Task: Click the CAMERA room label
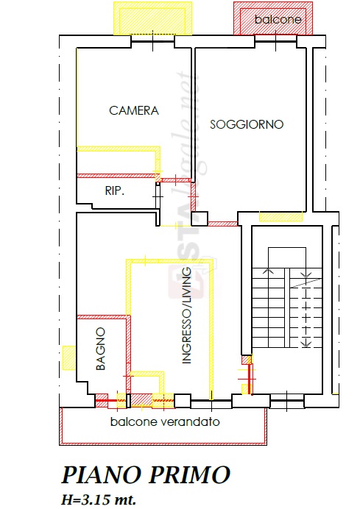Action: (134, 110)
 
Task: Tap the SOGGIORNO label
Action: (247, 124)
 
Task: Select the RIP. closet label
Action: (115, 191)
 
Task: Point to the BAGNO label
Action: (101, 349)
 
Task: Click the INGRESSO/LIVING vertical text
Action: (186, 316)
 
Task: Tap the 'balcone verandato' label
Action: (165, 421)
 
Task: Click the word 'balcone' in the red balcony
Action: (278, 19)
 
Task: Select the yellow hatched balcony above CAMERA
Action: (152, 18)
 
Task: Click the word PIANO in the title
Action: (102, 474)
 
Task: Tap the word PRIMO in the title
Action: (190, 474)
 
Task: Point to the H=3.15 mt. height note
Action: (99, 499)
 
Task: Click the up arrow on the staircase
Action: (268, 271)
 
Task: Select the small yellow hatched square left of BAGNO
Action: (69, 357)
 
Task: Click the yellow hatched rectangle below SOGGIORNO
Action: (280, 216)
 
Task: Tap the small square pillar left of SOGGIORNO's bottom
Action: (200, 219)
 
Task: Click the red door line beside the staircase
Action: (250, 375)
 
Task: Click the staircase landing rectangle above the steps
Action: (287, 258)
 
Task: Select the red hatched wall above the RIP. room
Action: (116, 176)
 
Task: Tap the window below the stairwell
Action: (287, 402)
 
